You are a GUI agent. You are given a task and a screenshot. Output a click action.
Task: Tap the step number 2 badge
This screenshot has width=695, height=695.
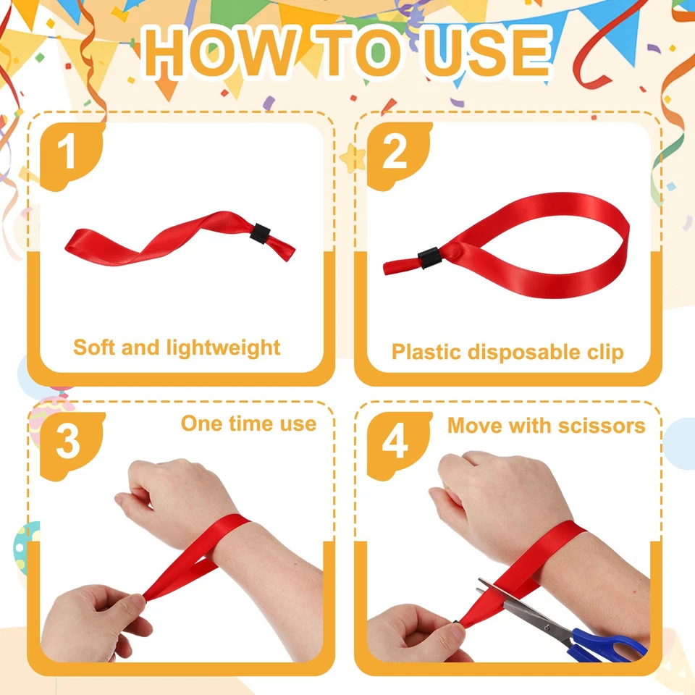[x=395, y=153]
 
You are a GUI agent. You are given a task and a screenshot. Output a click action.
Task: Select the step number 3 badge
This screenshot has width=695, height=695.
[x=68, y=442]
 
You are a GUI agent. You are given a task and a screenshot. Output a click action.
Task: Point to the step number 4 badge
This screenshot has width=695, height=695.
[x=395, y=442]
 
